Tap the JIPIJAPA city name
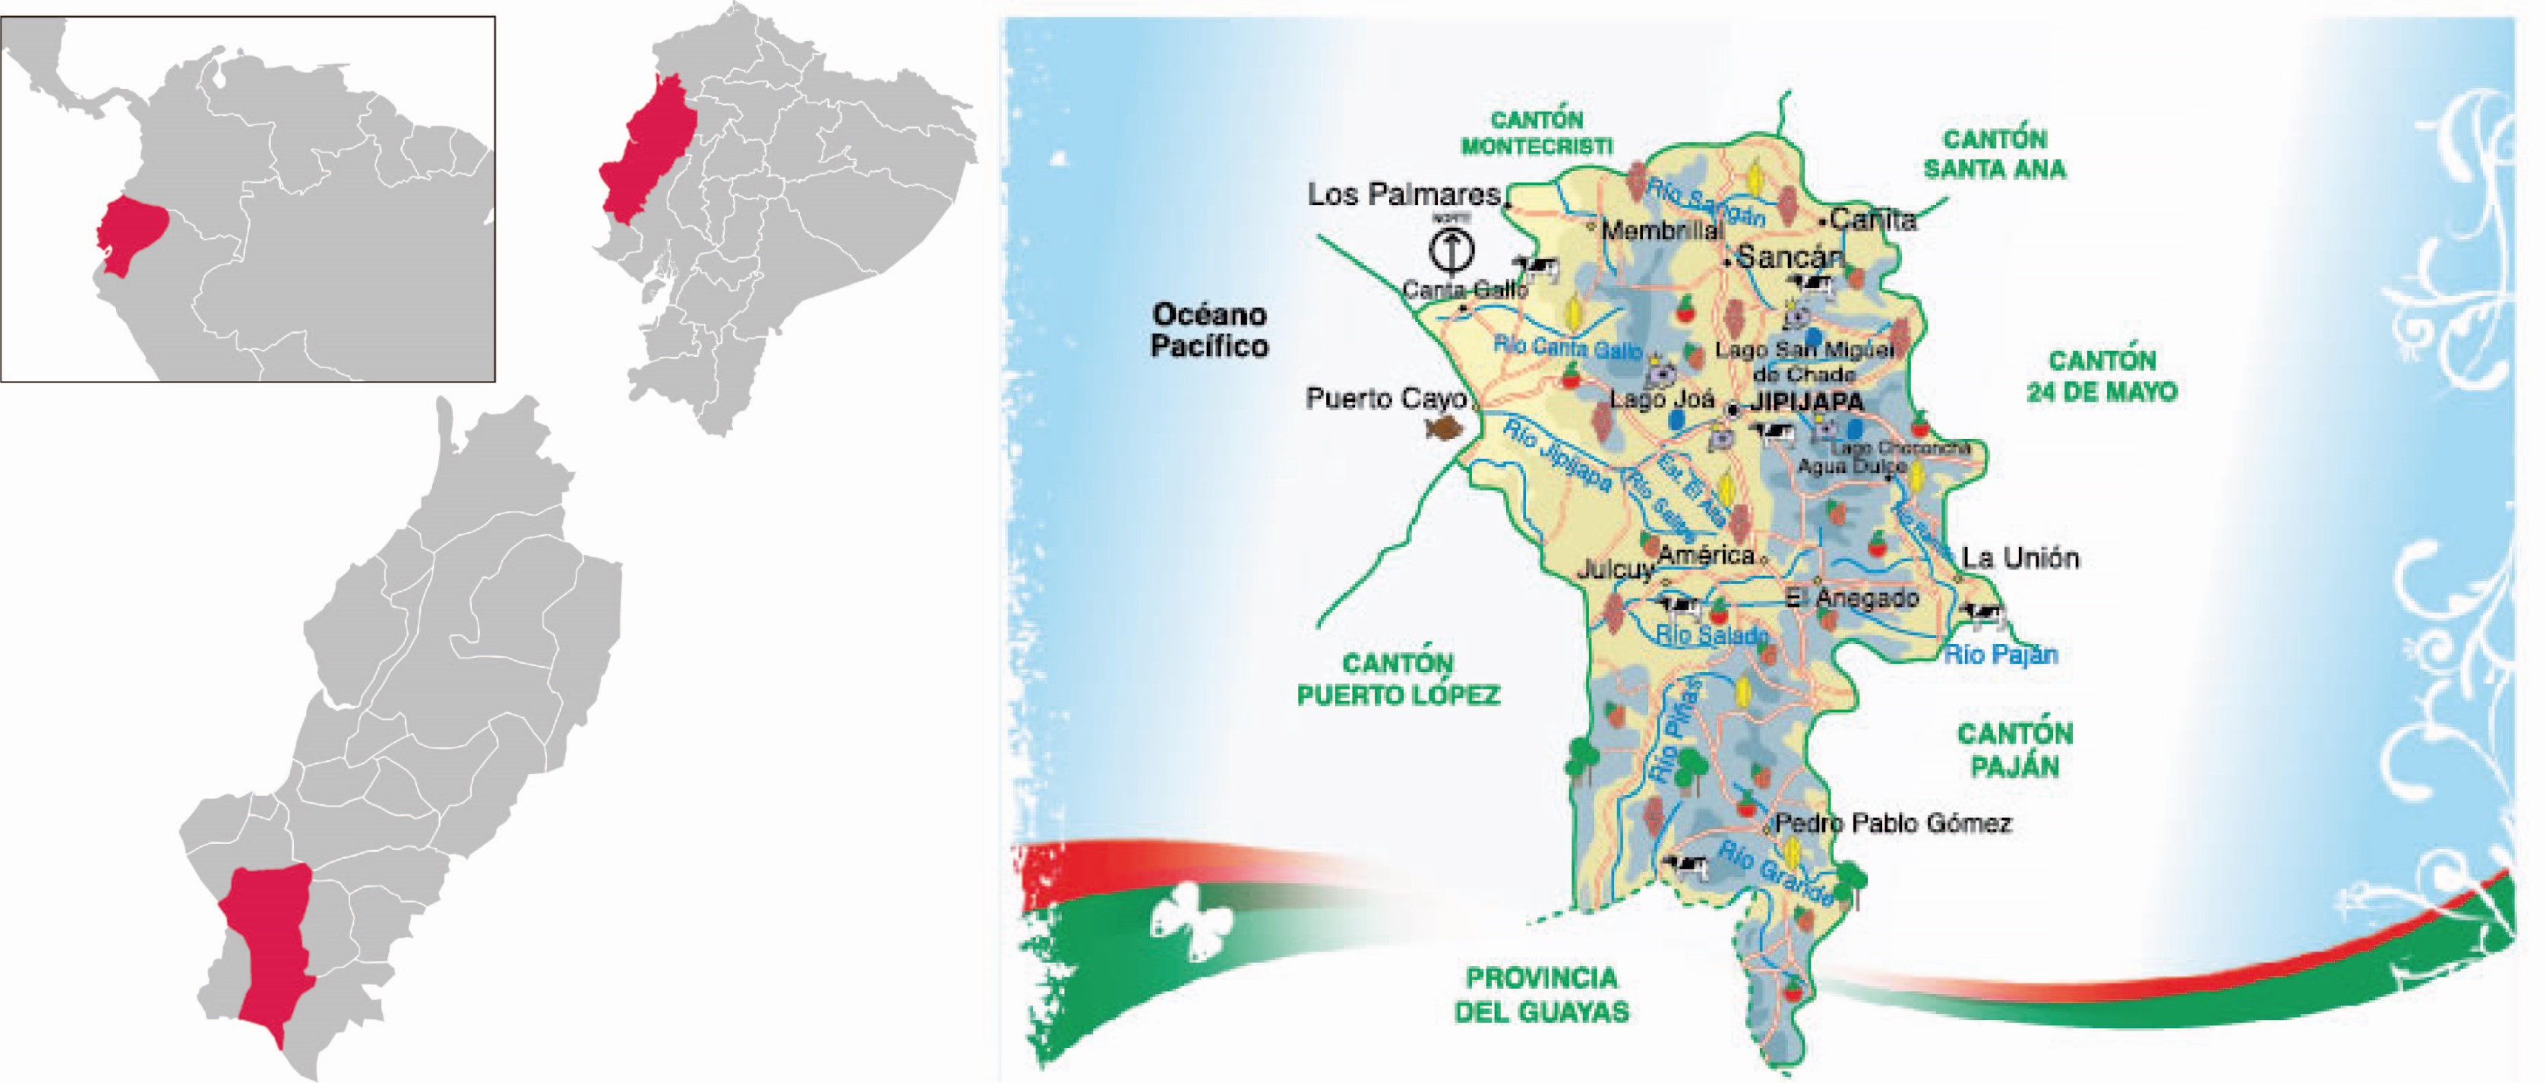point(1807,403)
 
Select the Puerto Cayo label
point(1385,399)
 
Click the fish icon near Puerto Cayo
point(1444,428)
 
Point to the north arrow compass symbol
point(1452,249)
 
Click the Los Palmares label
point(1404,194)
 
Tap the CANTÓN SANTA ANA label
point(1995,154)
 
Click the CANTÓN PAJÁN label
point(2014,750)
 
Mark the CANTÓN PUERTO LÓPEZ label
point(1398,680)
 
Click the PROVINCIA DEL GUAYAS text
point(1541,995)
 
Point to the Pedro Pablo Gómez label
point(1893,823)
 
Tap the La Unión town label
point(2020,558)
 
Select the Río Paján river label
point(2001,654)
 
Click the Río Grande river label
point(1774,873)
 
